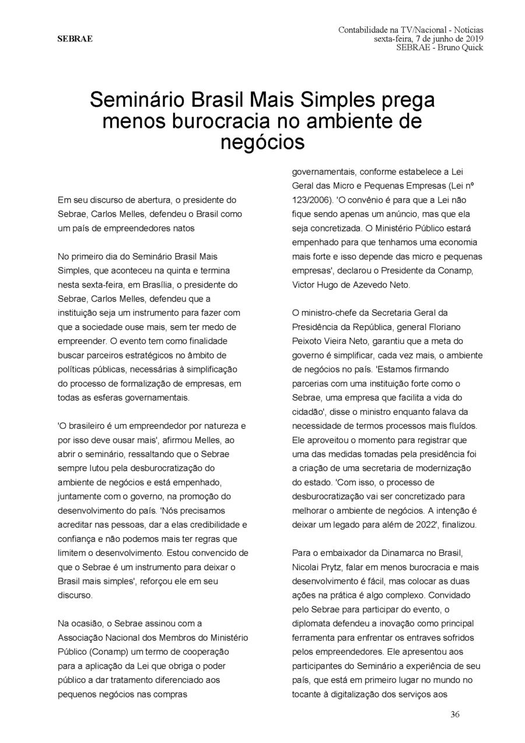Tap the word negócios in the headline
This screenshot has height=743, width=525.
point(262,142)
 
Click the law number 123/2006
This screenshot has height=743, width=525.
point(312,199)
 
